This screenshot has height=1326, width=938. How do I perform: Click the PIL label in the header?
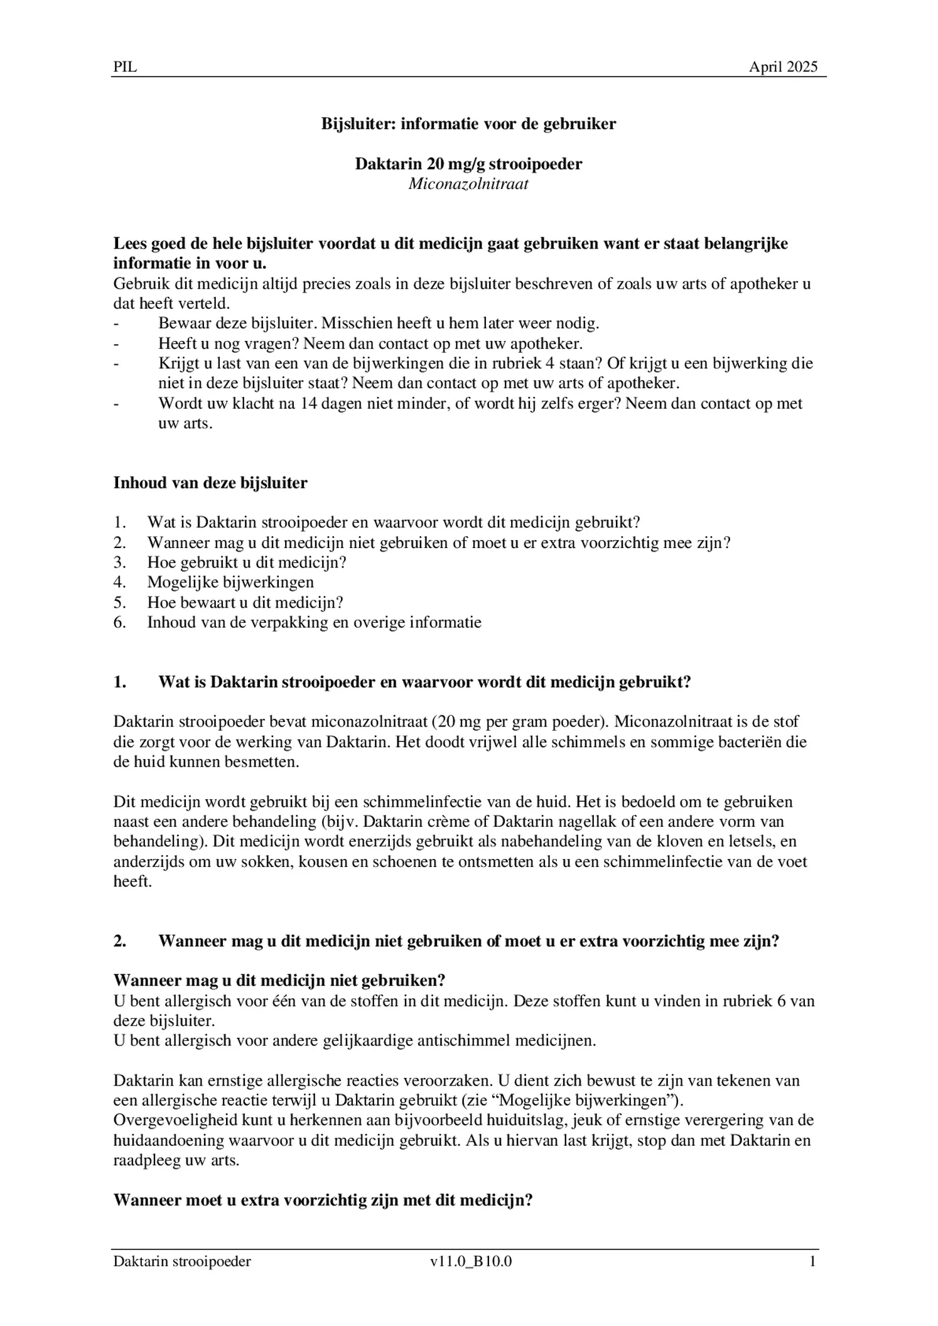click(125, 67)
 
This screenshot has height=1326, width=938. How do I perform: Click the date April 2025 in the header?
click(783, 67)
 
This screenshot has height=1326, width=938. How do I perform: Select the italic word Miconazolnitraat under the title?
click(468, 184)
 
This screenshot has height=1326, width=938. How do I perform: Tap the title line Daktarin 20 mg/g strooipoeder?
click(468, 164)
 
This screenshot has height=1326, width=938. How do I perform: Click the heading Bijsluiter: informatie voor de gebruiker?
click(468, 124)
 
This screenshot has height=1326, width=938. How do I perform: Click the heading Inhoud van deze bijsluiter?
click(210, 483)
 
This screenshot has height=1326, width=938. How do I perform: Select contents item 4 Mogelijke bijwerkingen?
click(230, 582)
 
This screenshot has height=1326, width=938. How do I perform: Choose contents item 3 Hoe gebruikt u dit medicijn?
click(247, 562)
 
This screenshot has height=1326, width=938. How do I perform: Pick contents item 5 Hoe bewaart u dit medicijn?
click(245, 602)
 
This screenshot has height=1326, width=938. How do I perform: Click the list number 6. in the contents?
click(120, 622)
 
